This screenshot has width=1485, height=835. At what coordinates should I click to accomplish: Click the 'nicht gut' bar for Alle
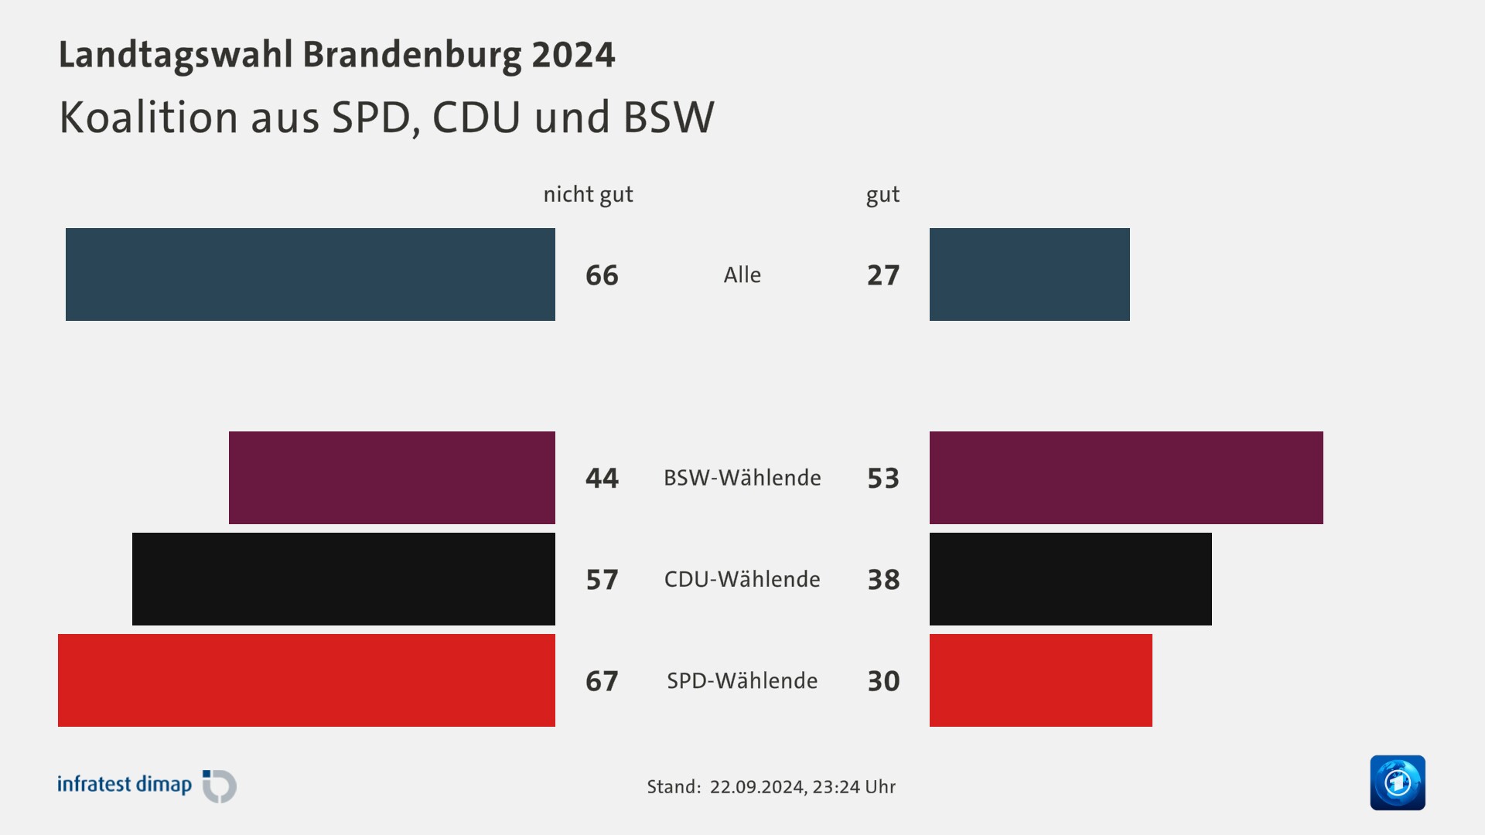(310, 274)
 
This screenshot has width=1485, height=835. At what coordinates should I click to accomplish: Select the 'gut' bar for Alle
(1029, 274)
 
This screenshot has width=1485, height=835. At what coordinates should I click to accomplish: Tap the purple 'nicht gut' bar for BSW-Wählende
(392, 478)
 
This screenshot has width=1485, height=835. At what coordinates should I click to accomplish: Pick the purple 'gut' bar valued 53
(1126, 478)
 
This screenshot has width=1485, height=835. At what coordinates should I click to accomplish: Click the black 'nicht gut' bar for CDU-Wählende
(343, 579)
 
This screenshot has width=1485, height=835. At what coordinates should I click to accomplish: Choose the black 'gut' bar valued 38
(1070, 579)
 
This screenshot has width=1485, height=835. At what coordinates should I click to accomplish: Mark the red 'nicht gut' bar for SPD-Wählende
(306, 680)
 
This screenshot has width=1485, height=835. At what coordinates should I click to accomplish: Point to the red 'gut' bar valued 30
(1040, 680)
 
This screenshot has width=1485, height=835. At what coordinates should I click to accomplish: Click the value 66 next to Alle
(602, 275)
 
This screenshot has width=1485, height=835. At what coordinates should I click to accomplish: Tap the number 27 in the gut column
(883, 275)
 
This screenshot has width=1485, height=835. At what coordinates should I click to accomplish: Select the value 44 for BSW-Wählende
(602, 478)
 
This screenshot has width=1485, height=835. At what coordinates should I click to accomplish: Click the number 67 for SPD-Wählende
(602, 681)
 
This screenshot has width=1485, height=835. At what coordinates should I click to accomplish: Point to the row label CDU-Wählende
(742, 579)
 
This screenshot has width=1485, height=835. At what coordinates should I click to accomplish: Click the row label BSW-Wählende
(742, 478)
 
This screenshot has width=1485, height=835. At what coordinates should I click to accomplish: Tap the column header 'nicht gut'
(588, 194)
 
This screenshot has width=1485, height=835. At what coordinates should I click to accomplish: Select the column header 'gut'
(882, 195)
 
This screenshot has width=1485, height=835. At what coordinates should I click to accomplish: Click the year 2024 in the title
(573, 55)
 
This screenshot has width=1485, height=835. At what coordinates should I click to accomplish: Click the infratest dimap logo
(146, 786)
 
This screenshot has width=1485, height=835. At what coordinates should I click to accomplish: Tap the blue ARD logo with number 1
(1397, 782)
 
